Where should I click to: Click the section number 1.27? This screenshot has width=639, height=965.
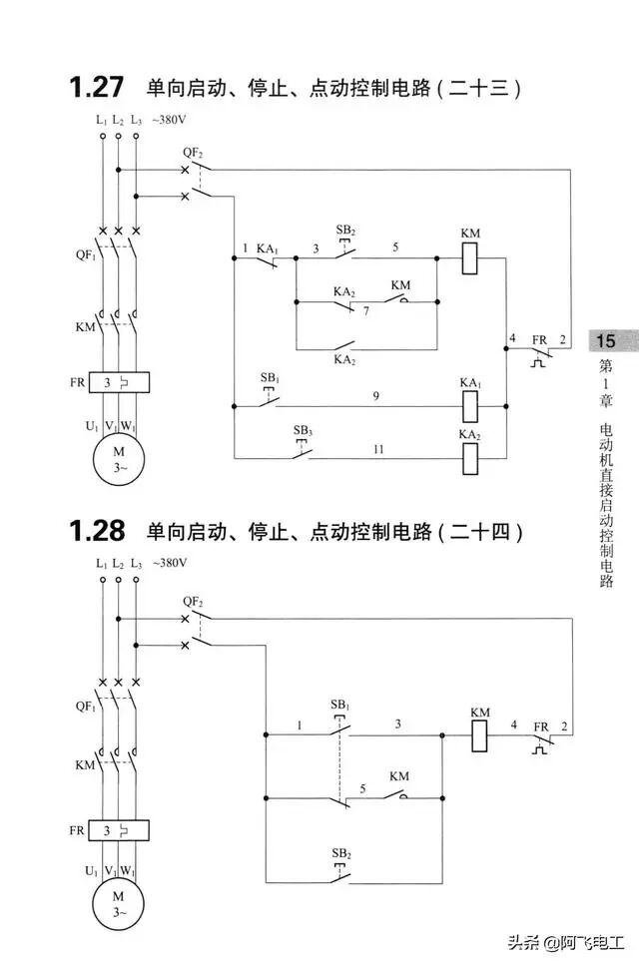tap(97, 88)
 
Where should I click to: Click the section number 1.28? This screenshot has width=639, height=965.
tap(97, 531)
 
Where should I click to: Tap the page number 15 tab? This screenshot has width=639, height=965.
tap(606, 341)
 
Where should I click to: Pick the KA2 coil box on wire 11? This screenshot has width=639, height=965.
tap(470, 457)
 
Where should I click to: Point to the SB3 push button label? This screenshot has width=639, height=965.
tap(303, 430)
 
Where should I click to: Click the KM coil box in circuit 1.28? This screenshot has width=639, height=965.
tap(480, 736)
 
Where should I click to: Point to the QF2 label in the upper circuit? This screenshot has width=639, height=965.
tap(193, 153)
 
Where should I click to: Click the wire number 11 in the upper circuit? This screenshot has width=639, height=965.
tap(378, 450)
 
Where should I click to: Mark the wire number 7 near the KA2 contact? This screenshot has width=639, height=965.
tap(366, 312)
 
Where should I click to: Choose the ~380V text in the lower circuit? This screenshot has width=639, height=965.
tap(170, 564)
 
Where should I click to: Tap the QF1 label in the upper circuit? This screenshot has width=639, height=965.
tap(85, 253)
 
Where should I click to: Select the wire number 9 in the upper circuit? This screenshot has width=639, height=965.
tap(375, 397)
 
